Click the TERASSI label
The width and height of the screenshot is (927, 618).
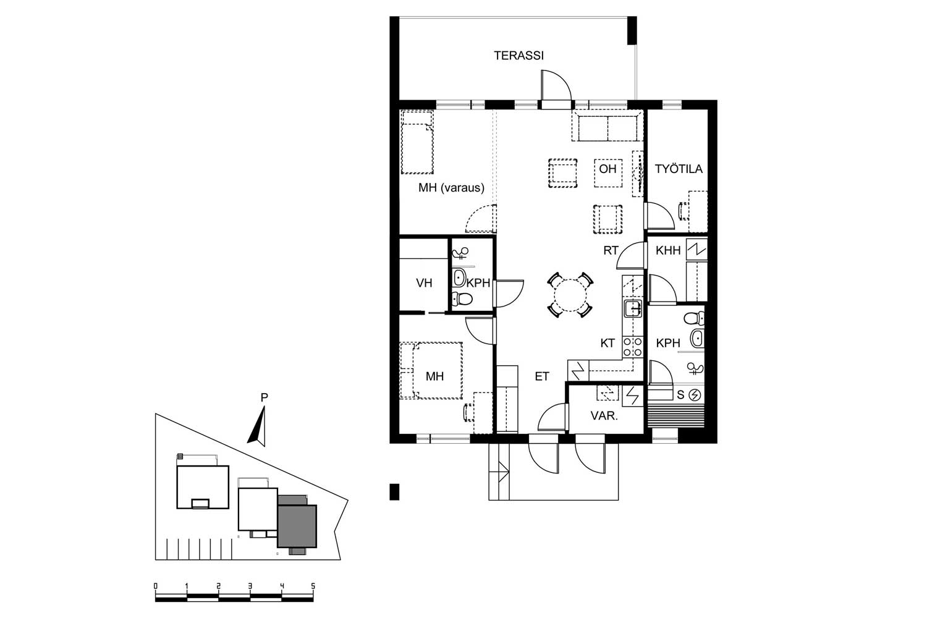(519, 56)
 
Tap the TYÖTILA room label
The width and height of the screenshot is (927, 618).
(679, 169)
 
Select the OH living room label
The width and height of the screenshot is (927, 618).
(607, 169)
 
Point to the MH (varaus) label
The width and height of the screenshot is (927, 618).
(451, 188)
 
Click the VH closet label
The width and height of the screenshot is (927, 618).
(424, 283)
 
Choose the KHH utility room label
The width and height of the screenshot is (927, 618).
(668, 250)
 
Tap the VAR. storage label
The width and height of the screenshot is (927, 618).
(604, 416)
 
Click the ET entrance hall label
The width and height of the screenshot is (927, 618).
(542, 376)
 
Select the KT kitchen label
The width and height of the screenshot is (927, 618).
(607, 343)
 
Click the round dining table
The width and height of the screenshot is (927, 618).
(570, 295)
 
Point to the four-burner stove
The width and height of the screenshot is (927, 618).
(633, 347)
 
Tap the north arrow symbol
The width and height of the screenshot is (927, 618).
(258, 427)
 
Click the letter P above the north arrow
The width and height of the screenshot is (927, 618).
(265, 397)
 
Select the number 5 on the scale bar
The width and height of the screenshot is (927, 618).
(313, 586)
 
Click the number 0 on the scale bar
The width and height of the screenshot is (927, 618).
(156, 586)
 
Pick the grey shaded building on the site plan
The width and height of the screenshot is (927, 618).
(297, 526)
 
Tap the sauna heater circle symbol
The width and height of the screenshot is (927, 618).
(695, 396)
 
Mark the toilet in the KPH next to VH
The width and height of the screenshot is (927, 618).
(462, 298)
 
